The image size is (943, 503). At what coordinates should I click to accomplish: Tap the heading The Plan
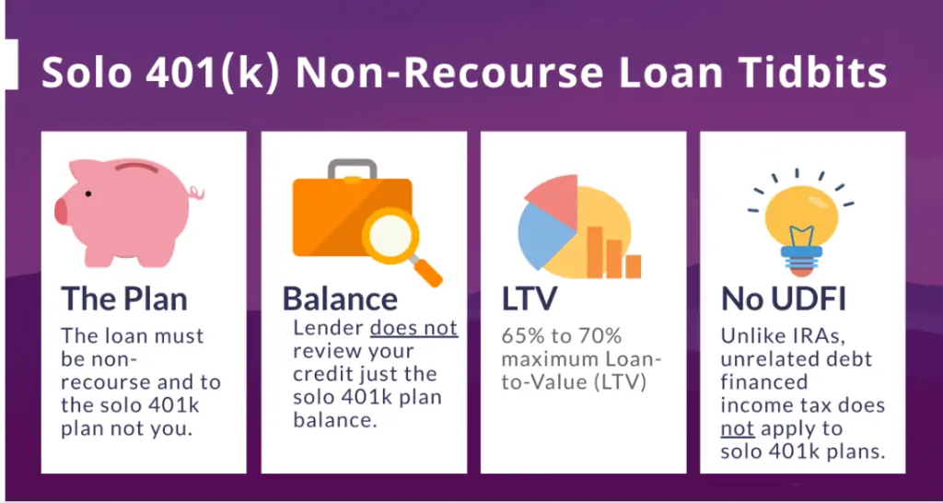click(x=124, y=298)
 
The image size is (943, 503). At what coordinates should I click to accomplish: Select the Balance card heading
click(x=340, y=298)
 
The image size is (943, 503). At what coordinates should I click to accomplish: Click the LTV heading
click(x=531, y=298)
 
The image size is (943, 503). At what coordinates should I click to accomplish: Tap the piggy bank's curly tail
click(x=194, y=193)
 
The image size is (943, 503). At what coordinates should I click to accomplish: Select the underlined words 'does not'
click(x=414, y=329)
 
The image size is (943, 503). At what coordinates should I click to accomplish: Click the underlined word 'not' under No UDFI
click(x=737, y=428)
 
